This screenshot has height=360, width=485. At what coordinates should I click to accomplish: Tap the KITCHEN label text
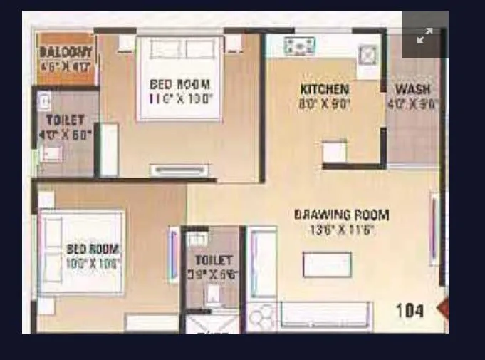(324, 90)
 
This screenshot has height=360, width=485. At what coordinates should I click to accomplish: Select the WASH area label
(413, 90)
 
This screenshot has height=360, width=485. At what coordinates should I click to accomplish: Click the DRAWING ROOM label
(343, 215)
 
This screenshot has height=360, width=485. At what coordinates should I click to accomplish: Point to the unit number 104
(410, 310)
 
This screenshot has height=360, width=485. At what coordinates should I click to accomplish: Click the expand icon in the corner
(424, 36)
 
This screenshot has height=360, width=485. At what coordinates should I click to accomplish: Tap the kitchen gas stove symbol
(301, 47)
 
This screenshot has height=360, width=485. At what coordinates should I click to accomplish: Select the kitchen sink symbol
(367, 53)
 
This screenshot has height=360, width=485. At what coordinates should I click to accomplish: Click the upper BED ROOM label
(180, 84)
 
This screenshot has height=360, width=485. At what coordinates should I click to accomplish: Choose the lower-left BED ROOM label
(93, 249)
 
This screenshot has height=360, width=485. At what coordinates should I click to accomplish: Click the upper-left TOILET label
(65, 120)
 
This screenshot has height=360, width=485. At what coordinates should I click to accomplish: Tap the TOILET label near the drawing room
(213, 260)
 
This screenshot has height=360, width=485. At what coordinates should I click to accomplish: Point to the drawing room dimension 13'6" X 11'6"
(342, 230)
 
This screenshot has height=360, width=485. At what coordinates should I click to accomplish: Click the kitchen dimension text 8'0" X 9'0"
(324, 104)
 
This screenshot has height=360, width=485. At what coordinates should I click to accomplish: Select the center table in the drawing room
(327, 264)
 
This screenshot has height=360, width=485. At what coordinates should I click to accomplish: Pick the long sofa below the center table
(325, 314)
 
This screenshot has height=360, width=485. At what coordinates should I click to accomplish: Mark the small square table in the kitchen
(334, 151)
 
